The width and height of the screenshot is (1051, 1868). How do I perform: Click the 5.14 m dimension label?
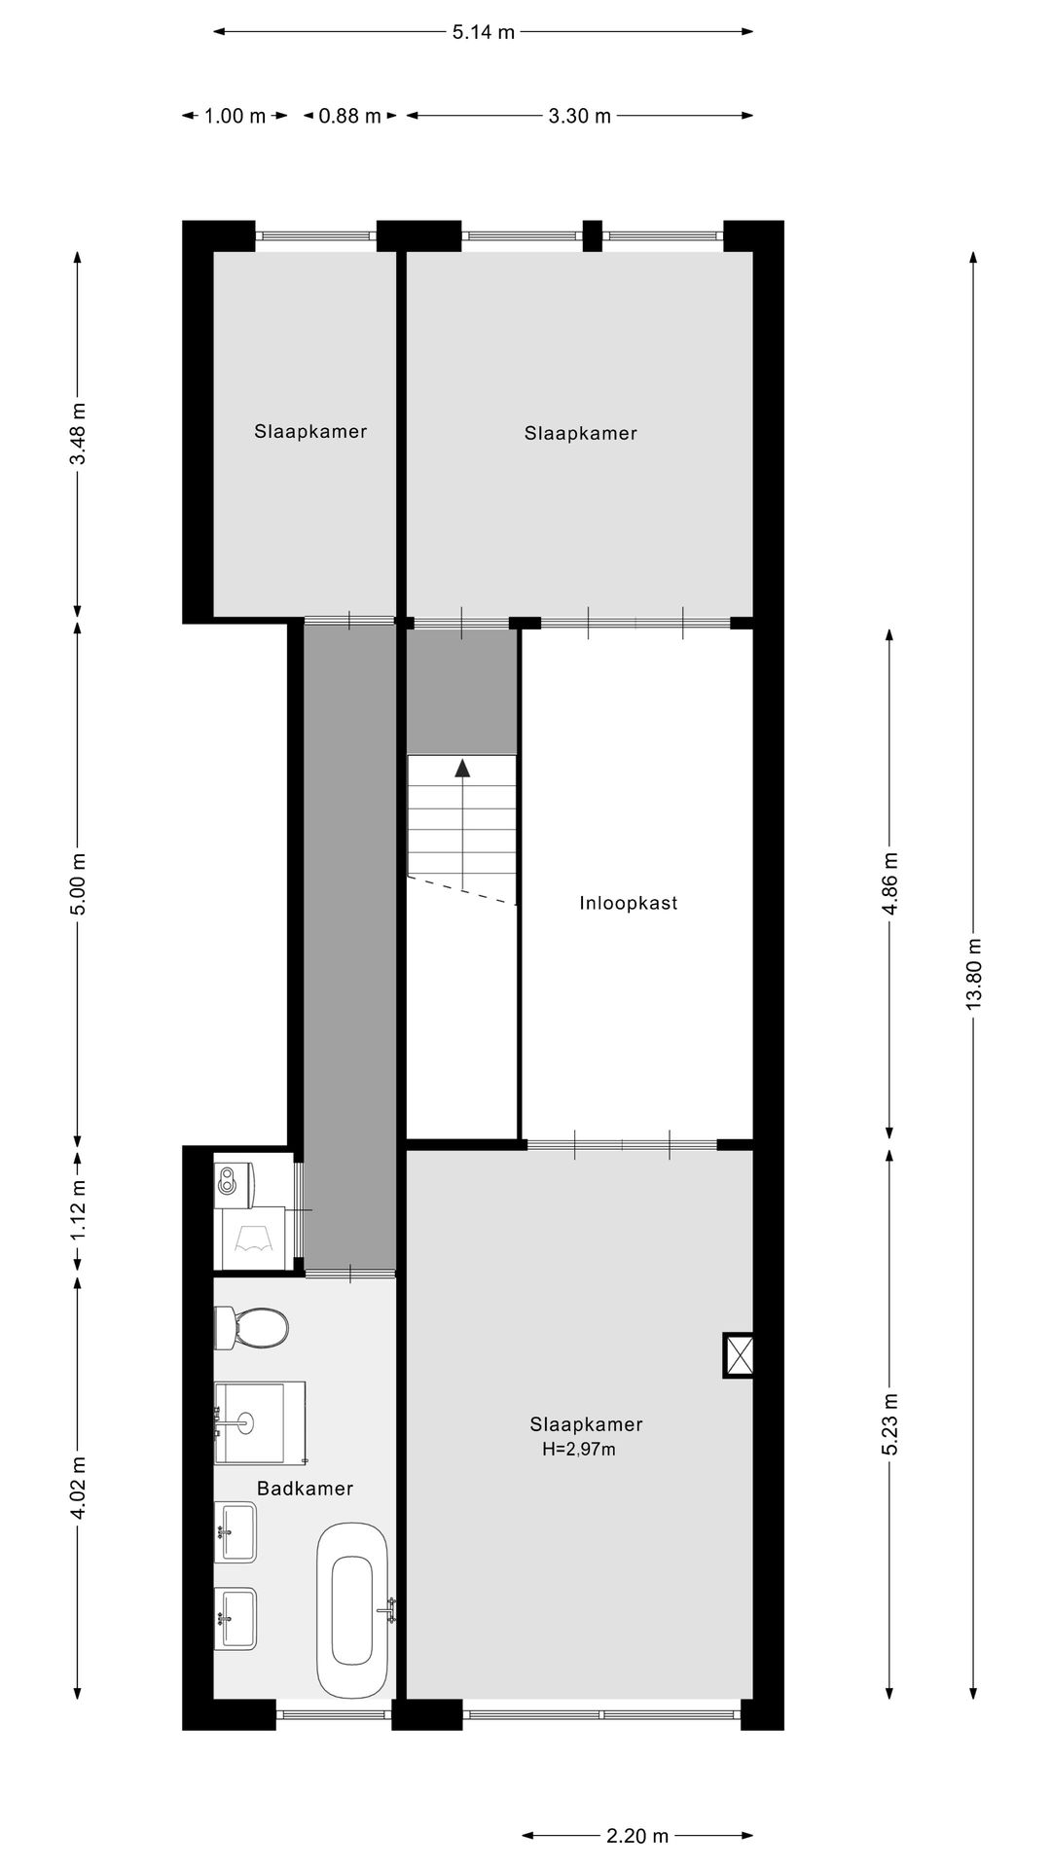coord(483,32)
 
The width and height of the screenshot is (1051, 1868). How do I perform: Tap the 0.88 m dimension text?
coord(350,116)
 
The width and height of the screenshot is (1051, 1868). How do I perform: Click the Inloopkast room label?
coord(628,903)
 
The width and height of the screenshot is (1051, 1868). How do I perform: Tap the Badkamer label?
coord(305,1488)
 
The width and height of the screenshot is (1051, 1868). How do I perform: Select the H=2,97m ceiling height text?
coord(579,1449)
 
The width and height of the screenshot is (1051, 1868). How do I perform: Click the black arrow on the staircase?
coord(462,768)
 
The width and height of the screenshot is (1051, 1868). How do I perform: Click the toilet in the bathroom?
coord(252,1327)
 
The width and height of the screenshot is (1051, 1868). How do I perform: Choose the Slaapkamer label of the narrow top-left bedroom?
coord(310,431)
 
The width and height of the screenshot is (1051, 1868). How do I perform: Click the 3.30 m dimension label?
coord(579,116)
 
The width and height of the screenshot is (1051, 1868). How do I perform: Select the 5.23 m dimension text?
coord(889,1424)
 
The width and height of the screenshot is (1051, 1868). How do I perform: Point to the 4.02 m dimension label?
coord(78,1487)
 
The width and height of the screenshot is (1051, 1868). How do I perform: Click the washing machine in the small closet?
coord(254,1239)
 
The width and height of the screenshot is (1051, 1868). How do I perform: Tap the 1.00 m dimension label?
coord(235,116)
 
